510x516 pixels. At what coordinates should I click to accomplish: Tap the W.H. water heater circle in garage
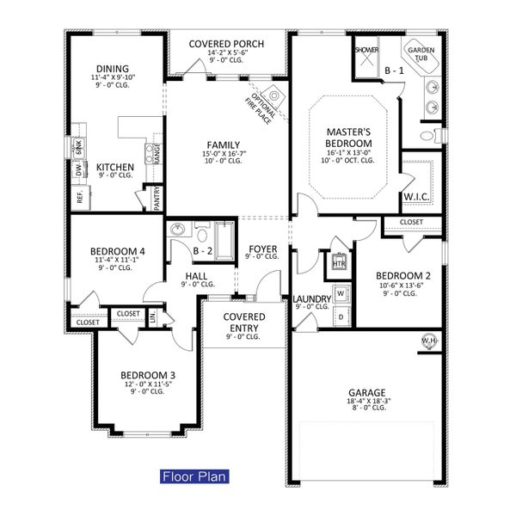point(428,343)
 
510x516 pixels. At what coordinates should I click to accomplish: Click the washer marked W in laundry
point(341,293)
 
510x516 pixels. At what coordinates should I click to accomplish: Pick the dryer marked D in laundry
point(341,316)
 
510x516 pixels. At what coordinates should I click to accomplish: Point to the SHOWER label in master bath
point(366,51)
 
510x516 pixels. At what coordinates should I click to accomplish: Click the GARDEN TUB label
point(421,54)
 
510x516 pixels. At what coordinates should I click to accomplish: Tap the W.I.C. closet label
point(416,198)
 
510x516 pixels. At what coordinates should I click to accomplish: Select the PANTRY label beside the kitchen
point(157,199)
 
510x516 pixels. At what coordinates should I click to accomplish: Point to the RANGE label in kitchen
point(157,153)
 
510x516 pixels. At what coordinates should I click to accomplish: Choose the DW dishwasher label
point(78,172)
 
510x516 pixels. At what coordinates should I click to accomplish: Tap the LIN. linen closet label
point(154,318)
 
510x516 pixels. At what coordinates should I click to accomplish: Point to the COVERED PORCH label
point(226,44)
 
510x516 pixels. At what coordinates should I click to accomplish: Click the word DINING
point(113,69)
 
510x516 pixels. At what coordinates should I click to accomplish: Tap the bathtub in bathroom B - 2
point(224,240)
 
